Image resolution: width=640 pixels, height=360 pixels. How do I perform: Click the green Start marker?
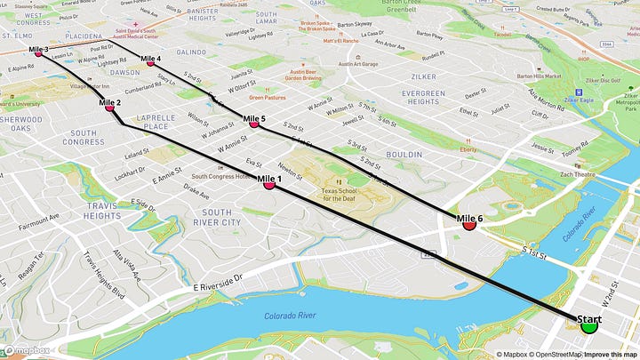pyautogui.click(x=588, y=325)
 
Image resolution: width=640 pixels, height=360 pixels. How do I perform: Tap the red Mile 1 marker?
pyautogui.click(x=268, y=185)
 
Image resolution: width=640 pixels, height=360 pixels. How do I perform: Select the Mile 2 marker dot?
pyautogui.click(x=110, y=108)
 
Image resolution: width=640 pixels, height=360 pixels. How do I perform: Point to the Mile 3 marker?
pyautogui.click(x=38, y=53)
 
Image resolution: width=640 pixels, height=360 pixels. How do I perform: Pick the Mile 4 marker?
pyautogui.click(x=150, y=62)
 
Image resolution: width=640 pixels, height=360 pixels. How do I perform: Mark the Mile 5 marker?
pyautogui.click(x=254, y=124)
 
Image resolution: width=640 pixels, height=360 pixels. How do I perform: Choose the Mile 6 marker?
pyautogui.click(x=469, y=224)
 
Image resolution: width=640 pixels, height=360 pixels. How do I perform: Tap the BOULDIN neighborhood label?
pyautogui.click(x=403, y=154)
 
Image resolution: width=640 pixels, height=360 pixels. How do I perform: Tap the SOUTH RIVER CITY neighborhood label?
pyautogui.click(x=216, y=218)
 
